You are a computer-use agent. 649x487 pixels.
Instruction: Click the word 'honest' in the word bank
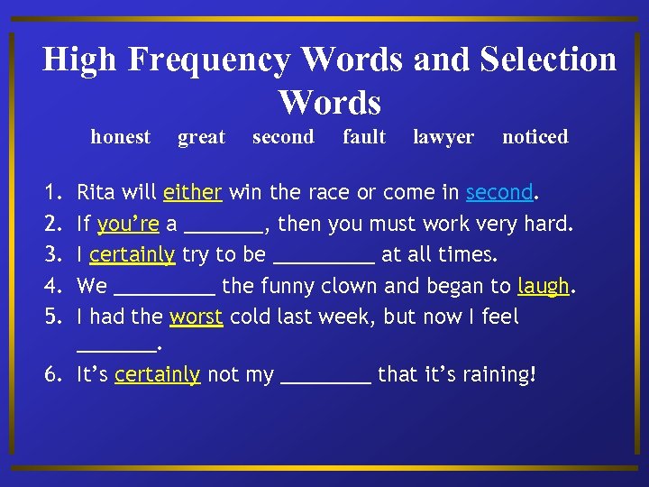click(x=120, y=137)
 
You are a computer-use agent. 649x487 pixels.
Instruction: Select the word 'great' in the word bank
click(x=201, y=137)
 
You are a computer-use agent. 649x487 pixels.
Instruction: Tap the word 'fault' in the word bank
click(x=364, y=137)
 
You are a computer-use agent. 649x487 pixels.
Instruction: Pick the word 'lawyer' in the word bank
click(x=443, y=137)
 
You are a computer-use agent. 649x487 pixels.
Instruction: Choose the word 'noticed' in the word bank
click(x=535, y=137)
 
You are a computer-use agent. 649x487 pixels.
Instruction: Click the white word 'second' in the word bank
click(x=283, y=137)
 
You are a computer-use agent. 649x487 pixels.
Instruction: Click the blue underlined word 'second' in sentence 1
click(x=499, y=192)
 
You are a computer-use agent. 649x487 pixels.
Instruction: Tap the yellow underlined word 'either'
click(x=192, y=192)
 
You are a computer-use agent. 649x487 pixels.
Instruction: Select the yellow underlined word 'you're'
click(x=127, y=224)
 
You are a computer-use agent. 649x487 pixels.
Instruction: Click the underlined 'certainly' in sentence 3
click(x=132, y=255)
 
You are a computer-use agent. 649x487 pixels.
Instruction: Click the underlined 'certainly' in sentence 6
click(x=157, y=374)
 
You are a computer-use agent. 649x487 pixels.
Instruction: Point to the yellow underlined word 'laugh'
click(x=544, y=287)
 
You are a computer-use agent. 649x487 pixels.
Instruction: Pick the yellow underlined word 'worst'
click(x=196, y=317)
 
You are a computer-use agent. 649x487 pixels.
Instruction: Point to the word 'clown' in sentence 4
click(x=350, y=287)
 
